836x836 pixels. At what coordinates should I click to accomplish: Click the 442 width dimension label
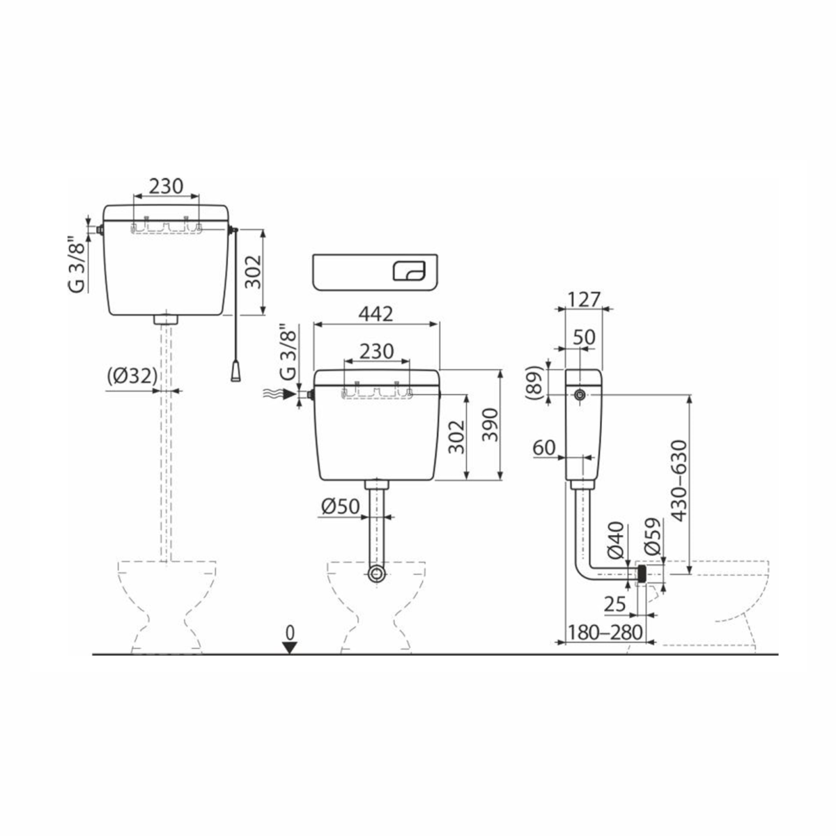point(376,314)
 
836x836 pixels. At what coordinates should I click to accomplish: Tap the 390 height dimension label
point(490,424)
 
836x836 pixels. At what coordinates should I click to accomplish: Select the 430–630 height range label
point(679,481)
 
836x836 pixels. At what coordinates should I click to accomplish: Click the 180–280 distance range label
point(605,632)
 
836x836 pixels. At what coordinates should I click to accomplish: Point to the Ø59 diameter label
point(653,536)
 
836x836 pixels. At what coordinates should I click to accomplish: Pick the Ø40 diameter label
point(616,541)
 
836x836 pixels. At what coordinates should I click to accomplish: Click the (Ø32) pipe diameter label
point(132,376)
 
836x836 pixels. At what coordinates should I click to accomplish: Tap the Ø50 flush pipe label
point(341,506)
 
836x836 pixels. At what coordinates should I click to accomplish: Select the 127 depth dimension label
point(584,300)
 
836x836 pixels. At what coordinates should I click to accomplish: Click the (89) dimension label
point(534,382)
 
